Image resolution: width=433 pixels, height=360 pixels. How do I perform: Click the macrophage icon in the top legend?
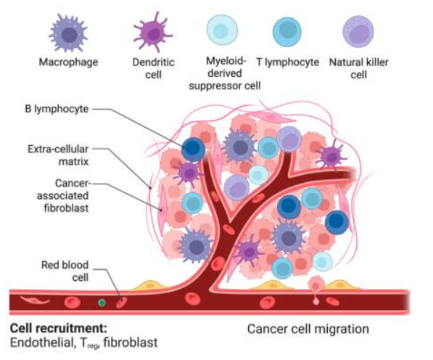click(x=68, y=33)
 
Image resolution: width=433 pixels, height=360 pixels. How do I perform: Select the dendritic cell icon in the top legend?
click(x=153, y=33)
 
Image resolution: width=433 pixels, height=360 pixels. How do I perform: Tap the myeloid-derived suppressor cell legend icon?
click(x=222, y=30)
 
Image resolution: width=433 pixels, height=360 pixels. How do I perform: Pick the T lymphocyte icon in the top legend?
click(x=287, y=31)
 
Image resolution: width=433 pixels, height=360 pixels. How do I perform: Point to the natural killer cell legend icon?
click(x=358, y=31)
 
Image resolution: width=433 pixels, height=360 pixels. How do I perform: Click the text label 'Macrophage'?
click(x=68, y=62)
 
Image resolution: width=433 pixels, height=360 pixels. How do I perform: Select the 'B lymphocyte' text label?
click(x=57, y=109)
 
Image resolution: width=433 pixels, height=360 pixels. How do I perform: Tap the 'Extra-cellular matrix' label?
click(x=58, y=155)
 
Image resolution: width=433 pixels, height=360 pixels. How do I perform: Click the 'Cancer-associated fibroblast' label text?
click(x=63, y=196)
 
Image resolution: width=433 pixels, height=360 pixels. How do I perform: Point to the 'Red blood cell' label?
click(x=65, y=271)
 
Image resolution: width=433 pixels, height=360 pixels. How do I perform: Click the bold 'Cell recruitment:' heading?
click(x=58, y=329)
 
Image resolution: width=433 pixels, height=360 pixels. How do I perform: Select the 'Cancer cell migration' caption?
click(x=308, y=329)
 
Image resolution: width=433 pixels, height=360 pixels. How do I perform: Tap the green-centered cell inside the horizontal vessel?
click(x=102, y=303)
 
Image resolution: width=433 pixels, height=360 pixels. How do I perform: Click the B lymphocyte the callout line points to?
click(x=194, y=150)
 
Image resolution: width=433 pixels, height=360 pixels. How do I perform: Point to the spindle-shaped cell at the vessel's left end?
click(x=35, y=300)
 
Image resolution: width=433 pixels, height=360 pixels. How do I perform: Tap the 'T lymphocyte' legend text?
click(x=287, y=62)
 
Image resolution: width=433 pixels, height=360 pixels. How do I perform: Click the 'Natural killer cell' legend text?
click(x=359, y=68)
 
